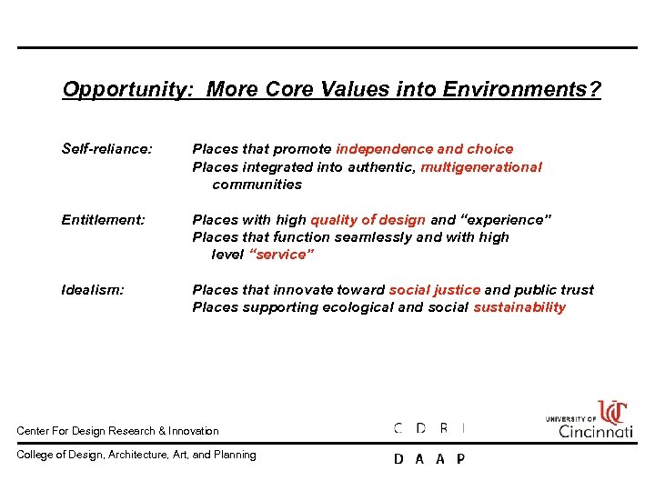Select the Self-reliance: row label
106,148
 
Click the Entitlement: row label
103,219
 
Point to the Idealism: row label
93,290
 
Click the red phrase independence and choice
425,148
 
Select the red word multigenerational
481,166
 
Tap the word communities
257,185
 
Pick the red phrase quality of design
368,219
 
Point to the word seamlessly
374,237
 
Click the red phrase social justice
434,290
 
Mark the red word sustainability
519,307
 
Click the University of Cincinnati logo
589,419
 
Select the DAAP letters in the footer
428,459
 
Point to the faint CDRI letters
428,427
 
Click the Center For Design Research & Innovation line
118,431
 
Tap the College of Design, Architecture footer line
136,455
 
